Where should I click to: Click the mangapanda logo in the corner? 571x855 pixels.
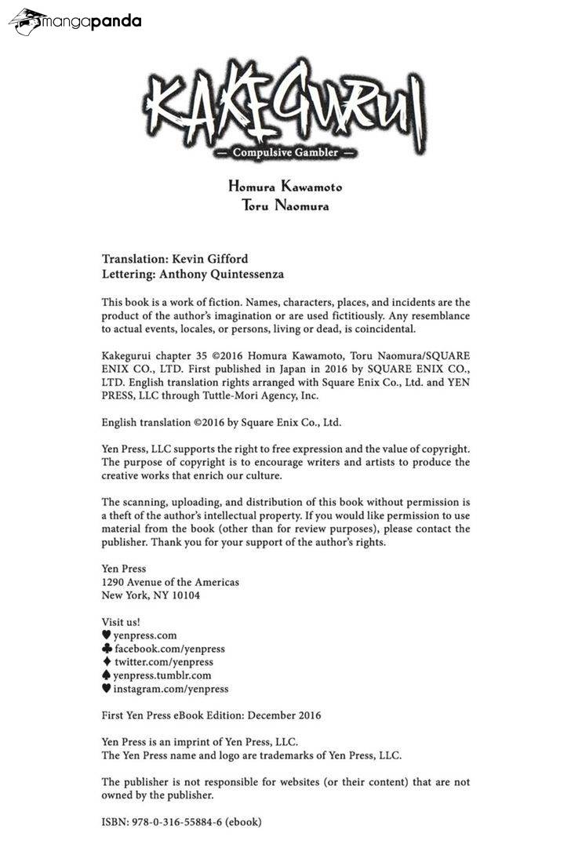coord(75,22)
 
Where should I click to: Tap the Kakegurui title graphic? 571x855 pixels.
coord(285,108)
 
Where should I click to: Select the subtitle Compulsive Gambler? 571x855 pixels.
coord(285,153)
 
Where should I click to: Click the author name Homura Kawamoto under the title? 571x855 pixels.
coord(285,187)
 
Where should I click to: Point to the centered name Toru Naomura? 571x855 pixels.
coord(285,206)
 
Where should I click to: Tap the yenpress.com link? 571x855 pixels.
coord(145,635)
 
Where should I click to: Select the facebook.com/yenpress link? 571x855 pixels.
coord(169,649)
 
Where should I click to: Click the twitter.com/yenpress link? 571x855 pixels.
coord(163,662)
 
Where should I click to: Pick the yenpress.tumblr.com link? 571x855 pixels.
coord(162,675)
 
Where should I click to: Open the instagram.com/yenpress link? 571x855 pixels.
coord(171,689)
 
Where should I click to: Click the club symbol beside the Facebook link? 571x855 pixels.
coord(107,649)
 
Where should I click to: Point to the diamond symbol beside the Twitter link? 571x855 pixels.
coord(107,662)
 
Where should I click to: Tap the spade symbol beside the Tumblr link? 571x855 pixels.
coord(107,675)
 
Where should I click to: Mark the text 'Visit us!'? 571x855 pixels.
coord(121,622)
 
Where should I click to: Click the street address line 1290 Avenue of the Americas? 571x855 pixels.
coord(170,582)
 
